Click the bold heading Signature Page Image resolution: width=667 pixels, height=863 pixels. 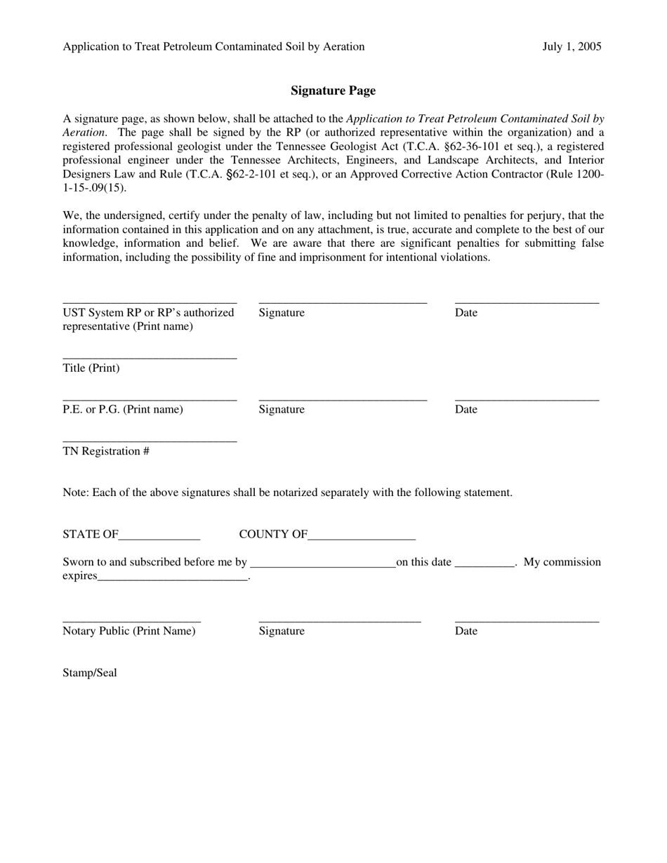(333, 91)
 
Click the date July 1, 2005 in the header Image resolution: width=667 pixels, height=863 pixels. (572, 47)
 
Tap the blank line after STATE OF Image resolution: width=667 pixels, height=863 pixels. (159, 538)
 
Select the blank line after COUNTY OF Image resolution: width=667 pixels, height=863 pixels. (362, 538)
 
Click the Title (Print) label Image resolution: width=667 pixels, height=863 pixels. (91, 368)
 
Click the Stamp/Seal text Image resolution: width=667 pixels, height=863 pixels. (90, 673)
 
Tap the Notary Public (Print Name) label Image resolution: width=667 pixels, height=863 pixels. (129, 631)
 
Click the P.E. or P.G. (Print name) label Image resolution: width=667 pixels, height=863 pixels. (123, 410)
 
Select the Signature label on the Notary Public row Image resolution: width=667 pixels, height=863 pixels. (282, 631)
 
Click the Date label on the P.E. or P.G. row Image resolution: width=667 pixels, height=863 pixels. (466, 410)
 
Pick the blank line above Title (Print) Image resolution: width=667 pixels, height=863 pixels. (150, 359)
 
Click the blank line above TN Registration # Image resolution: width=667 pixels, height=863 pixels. (150, 441)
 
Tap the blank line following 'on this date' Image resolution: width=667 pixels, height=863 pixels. (485, 566)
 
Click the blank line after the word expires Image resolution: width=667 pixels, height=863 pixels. (173, 580)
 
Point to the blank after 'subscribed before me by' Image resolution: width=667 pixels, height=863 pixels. (323, 566)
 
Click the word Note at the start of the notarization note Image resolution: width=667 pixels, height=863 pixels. (75, 493)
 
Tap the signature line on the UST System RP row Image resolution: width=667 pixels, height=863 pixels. (343, 302)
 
